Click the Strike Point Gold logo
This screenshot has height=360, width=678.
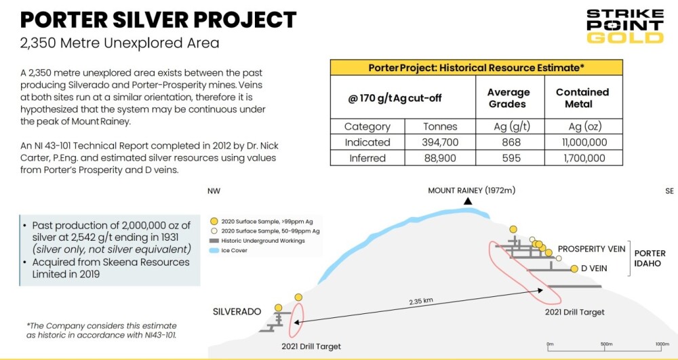click(624, 26)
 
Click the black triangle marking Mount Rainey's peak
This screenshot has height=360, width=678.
click(467, 201)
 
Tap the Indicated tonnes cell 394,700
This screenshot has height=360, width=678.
click(440, 142)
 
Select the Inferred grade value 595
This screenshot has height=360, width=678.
click(509, 158)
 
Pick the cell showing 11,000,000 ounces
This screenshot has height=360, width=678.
click(583, 142)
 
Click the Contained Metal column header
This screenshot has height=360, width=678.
click(582, 98)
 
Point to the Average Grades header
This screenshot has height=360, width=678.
click(509, 98)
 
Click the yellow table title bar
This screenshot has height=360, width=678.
click(476, 68)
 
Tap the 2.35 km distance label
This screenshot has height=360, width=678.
click(421, 302)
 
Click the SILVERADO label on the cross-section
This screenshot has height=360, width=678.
click(237, 312)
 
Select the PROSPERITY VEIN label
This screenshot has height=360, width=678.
click(591, 249)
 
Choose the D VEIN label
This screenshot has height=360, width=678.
click(594, 268)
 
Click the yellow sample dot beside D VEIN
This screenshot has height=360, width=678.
click(574, 268)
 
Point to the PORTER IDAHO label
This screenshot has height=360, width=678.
click(647, 258)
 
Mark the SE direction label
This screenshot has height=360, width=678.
click(669, 191)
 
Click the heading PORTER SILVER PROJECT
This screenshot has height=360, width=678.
click(159, 20)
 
